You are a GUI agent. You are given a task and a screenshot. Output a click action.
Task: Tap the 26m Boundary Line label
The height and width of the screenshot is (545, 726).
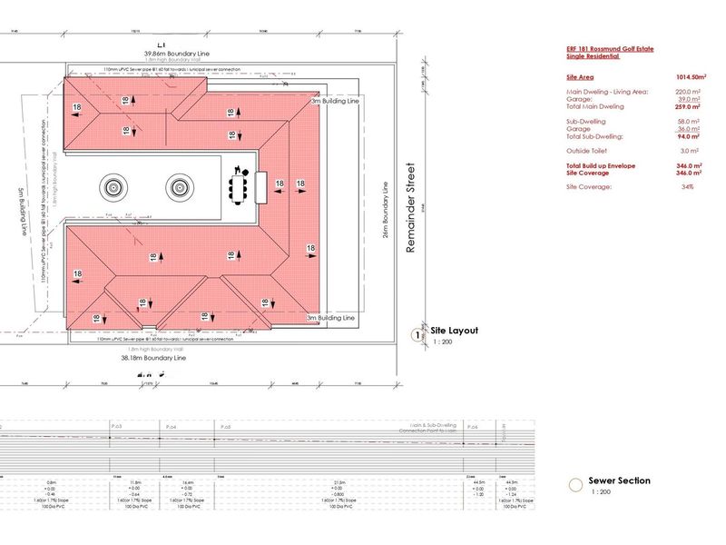(385, 209)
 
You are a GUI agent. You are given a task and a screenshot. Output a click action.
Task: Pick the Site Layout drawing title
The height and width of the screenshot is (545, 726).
(454, 332)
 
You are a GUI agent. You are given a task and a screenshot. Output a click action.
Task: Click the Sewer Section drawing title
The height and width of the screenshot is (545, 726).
(620, 481)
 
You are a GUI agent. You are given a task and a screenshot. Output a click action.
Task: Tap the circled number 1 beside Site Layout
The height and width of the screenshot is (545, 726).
(418, 334)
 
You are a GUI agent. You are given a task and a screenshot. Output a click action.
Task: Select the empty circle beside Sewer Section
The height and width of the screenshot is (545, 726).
(574, 485)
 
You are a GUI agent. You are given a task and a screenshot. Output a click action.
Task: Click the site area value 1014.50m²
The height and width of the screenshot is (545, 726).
(692, 78)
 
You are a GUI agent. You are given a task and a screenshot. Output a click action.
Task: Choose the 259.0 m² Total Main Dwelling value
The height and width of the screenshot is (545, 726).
(691, 107)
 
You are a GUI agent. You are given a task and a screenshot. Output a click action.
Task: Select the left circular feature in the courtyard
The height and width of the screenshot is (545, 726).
(113, 188)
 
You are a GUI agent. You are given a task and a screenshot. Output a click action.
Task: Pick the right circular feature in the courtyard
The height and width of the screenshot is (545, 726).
(177, 188)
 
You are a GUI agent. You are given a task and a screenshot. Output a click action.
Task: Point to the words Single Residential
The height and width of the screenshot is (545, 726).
(594, 56)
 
